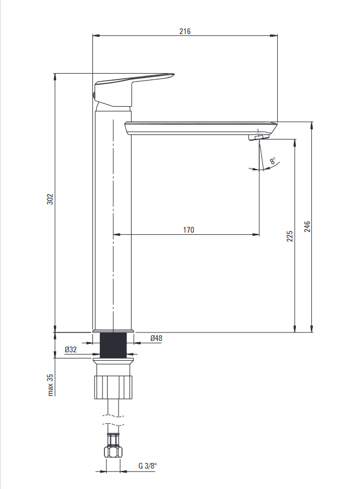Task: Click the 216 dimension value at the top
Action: click(x=185, y=31)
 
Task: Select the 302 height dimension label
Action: click(x=50, y=199)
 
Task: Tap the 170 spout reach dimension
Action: click(x=189, y=230)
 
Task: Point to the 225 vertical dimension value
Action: click(x=290, y=236)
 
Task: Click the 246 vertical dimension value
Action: click(x=307, y=226)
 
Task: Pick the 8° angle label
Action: click(x=273, y=161)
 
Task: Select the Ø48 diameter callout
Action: click(x=156, y=338)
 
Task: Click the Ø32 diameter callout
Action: click(x=71, y=349)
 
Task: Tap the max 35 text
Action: click(x=50, y=385)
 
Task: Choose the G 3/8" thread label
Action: click(x=148, y=466)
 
